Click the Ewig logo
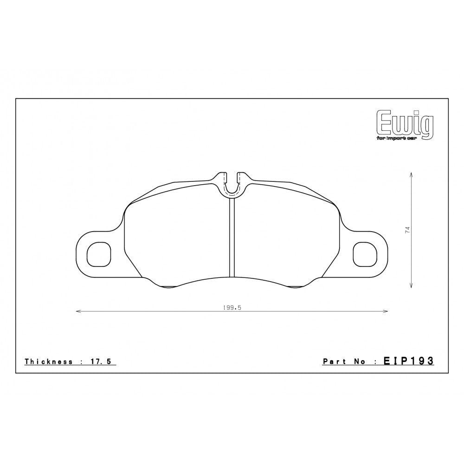405,123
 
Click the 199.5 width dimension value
232,307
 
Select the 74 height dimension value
407,230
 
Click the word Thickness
48,361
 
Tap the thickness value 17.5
100,361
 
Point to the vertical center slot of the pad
232,237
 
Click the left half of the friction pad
179,237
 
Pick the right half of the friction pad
285,237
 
